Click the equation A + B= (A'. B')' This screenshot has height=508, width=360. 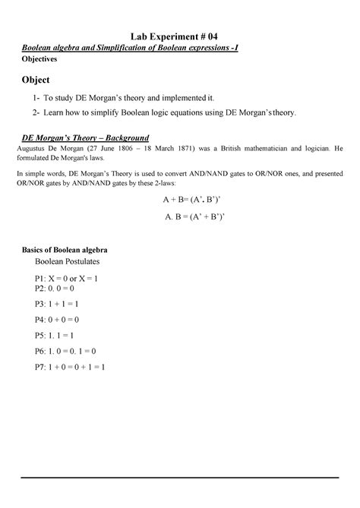(191, 200)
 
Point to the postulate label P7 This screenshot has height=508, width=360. (40, 367)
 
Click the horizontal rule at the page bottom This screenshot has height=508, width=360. (179, 478)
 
